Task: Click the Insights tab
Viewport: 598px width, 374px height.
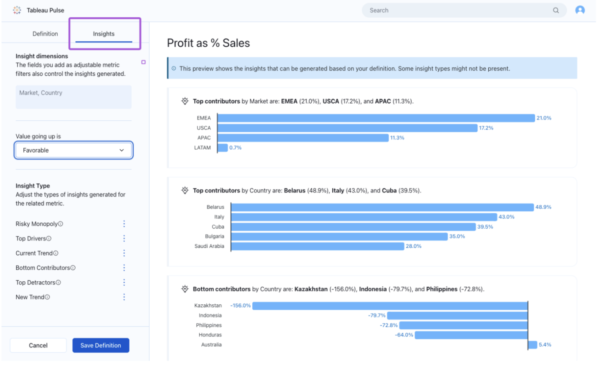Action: (104, 34)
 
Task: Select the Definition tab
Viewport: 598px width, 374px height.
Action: (45, 34)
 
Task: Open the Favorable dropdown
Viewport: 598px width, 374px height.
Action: (74, 150)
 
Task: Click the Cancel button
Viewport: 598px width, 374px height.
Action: (38, 345)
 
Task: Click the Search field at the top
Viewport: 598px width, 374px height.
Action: (459, 11)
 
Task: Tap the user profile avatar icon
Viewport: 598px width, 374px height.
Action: (580, 10)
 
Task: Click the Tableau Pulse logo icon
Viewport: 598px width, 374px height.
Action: (17, 11)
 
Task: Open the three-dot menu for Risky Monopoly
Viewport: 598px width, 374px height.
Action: (124, 224)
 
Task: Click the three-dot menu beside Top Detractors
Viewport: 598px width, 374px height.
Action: (124, 283)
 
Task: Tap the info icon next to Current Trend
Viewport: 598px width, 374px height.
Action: (56, 253)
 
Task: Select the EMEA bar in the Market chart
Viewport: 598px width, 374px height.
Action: (376, 118)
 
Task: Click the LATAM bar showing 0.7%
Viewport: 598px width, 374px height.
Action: (223, 148)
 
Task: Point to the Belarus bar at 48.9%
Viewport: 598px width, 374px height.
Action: (382, 207)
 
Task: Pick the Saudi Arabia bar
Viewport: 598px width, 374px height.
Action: (317, 246)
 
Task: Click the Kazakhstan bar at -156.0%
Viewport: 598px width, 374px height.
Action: (390, 306)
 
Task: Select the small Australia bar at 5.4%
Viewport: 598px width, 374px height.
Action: (533, 345)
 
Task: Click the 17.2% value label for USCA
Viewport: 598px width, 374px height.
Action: (486, 128)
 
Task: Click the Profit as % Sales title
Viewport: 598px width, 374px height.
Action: (208, 43)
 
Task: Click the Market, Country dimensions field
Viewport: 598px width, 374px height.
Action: (74, 97)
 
